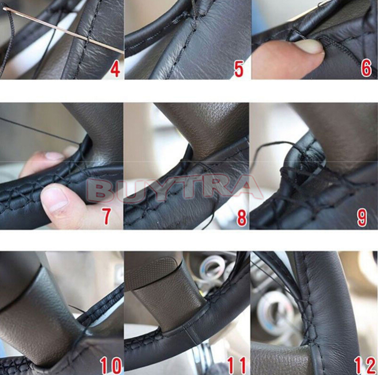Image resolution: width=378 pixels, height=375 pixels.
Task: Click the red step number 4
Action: pyautogui.click(x=115, y=68)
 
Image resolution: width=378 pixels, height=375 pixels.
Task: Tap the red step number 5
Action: pyautogui.click(x=239, y=69)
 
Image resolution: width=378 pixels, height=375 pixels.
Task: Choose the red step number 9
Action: pyautogui.click(x=362, y=218)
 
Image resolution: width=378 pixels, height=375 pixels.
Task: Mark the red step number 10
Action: pyautogui.click(x=111, y=366)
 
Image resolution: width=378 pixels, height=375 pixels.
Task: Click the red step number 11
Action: pyautogui.click(x=237, y=366)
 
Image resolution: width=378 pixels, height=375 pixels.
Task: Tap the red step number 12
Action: pyautogui.click(x=365, y=366)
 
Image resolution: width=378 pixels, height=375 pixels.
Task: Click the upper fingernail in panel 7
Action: pyautogui.click(x=54, y=156)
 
